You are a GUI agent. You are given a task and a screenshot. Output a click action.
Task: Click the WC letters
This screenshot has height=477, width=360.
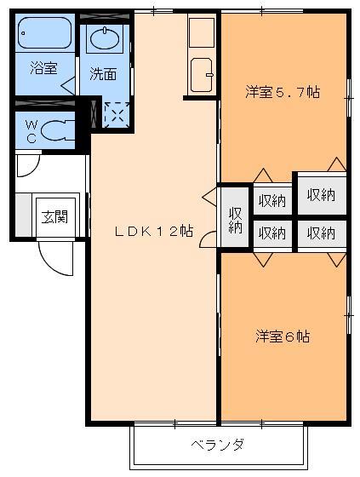pyautogui.click(x=31, y=130)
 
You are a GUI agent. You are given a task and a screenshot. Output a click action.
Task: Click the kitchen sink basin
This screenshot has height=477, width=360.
pyautogui.click(x=202, y=72)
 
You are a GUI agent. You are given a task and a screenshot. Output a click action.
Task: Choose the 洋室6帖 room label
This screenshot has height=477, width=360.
pyautogui.click(x=282, y=336)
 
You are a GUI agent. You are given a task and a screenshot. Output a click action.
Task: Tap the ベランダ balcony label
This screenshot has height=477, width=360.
pyautogui.click(x=218, y=445)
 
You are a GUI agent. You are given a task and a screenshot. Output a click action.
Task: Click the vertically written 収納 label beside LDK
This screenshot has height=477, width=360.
pyautogui.click(x=235, y=219)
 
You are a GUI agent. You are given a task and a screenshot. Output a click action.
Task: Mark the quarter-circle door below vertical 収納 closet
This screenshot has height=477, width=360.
pyautogui.click(x=208, y=241)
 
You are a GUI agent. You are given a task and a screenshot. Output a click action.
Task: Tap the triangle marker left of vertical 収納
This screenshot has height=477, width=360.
pyautogui.click(x=207, y=197)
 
